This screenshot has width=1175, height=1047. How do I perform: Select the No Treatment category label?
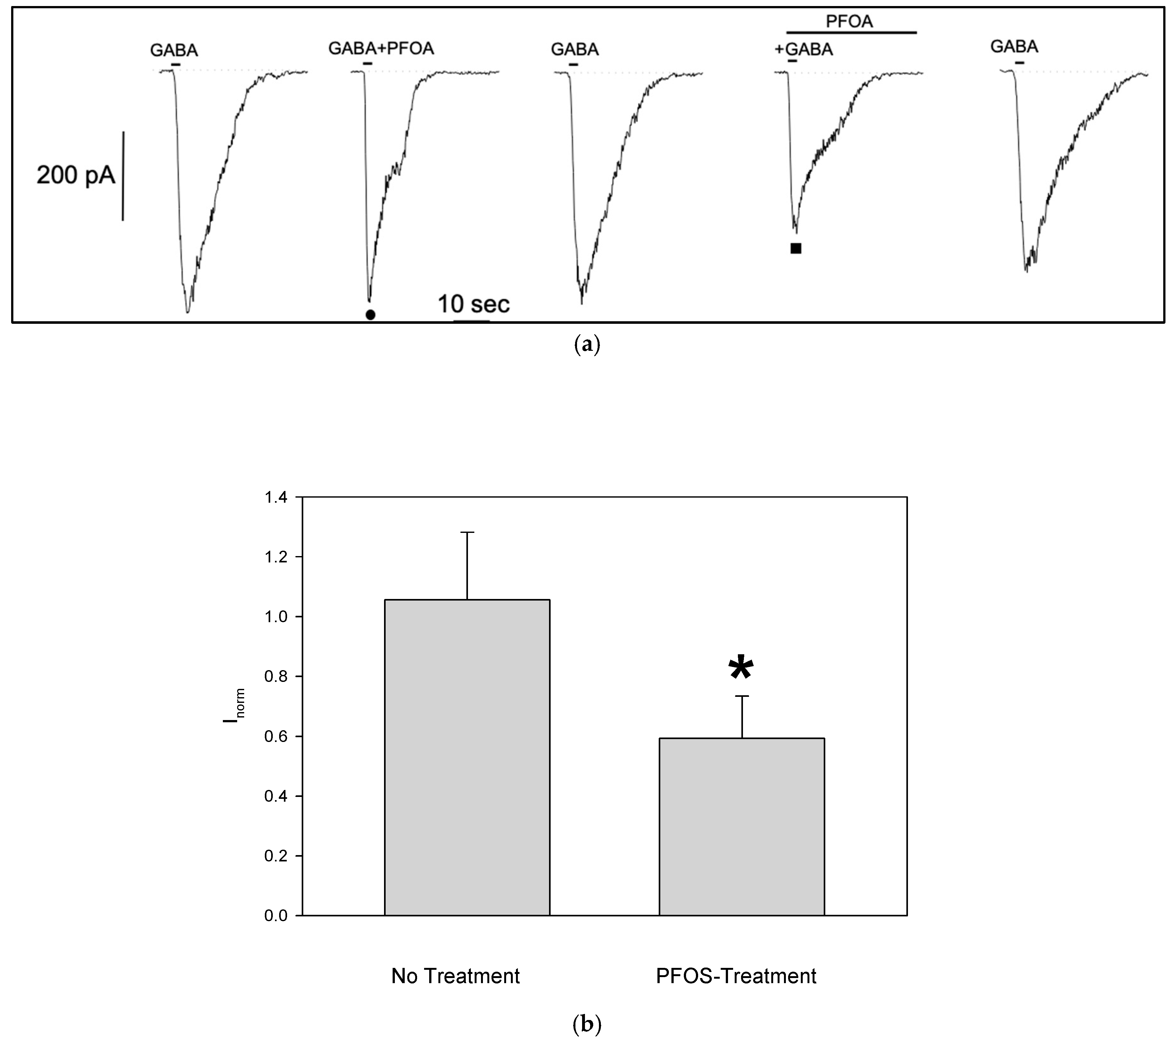(455, 976)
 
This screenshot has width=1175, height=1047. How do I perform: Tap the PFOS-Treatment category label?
(736, 976)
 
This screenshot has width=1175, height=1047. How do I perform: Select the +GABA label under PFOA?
(803, 50)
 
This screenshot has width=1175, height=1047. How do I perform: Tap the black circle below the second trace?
(371, 315)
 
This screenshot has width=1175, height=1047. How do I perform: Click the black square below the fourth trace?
(796, 248)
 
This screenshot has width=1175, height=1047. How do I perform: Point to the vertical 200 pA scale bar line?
(123, 175)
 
